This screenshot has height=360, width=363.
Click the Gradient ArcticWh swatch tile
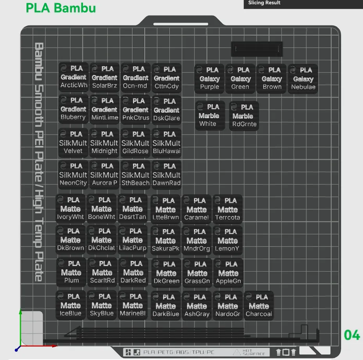click(73, 77)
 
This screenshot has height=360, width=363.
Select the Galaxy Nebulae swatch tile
click(303, 79)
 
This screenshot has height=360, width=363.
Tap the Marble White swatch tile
click(208, 115)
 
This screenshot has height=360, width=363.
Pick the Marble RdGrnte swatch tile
click(244, 116)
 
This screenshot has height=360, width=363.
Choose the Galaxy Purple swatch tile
click(209, 79)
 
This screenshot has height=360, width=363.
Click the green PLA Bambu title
click(61, 8)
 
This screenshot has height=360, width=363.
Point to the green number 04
click(352, 335)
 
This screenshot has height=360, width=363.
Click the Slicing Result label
click(264, 3)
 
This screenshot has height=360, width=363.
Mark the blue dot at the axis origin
click(17, 349)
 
